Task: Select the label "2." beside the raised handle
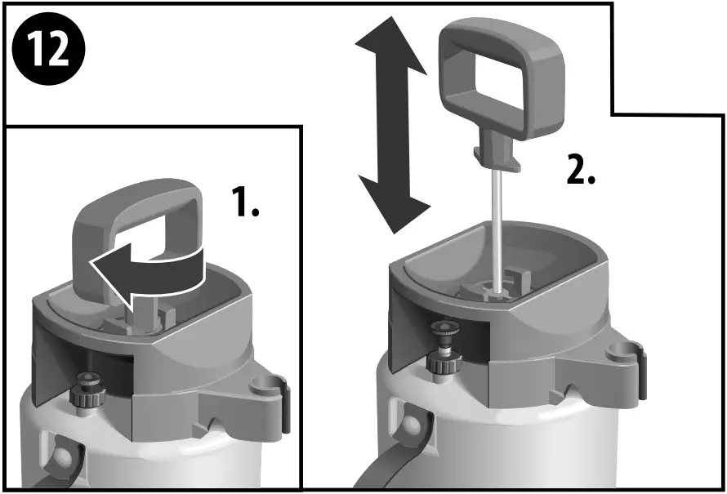click(x=582, y=169)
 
